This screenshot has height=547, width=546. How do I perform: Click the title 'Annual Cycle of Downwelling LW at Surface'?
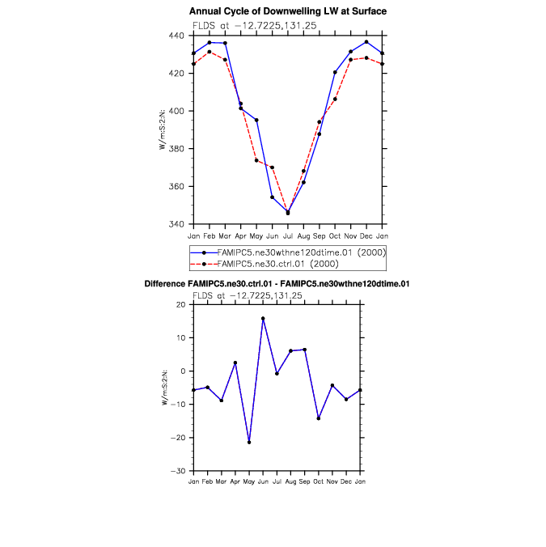(288, 11)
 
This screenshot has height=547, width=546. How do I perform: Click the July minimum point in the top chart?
(288, 213)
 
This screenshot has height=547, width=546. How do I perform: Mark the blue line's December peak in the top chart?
(366, 42)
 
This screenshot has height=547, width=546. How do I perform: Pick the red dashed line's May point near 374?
(256, 160)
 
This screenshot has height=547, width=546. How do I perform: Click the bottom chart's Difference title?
(277, 284)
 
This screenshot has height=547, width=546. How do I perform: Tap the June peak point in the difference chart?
(263, 319)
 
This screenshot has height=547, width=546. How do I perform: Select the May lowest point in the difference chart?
(249, 442)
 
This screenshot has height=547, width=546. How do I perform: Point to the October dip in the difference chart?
(319, 418)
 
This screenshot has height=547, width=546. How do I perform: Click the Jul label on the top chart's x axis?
(288, 235)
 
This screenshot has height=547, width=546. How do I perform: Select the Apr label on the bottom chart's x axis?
(235, 481)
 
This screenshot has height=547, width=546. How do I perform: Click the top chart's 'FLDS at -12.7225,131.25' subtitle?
(254, 26)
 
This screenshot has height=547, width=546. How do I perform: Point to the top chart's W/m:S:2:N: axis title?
(163, 130)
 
